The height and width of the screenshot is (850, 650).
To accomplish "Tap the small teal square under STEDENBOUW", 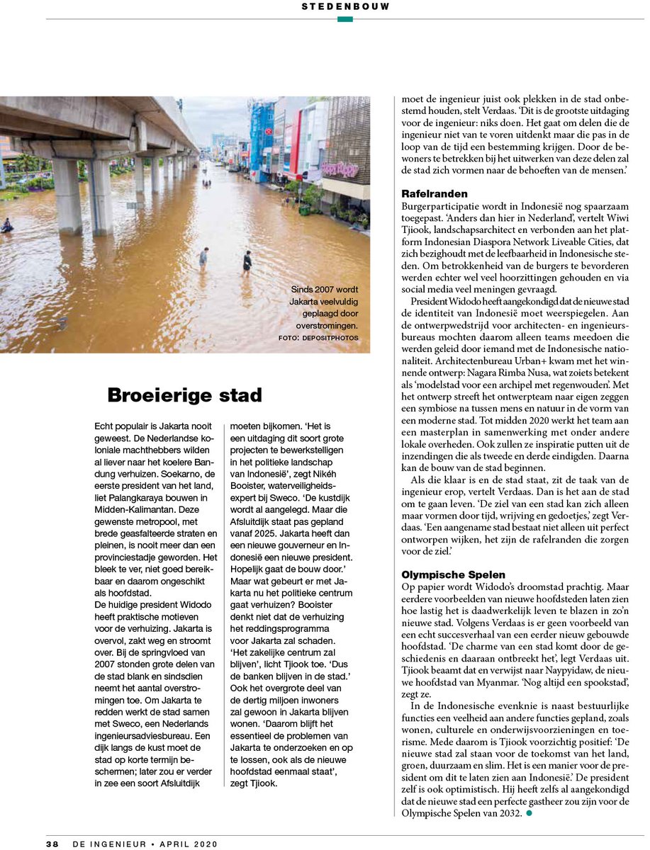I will (x=344, y=19).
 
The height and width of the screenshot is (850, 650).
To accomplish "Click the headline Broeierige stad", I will (x=184, y=395).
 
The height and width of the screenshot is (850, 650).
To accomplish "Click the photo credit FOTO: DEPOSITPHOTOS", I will (x=318, y=338).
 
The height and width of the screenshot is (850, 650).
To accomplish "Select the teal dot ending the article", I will (x=528, y=813).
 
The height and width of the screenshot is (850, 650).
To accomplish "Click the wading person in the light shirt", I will (x=203, y=257).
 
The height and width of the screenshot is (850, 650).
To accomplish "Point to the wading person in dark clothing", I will (x=247, y=261).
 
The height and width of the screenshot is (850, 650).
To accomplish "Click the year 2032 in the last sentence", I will (x=509, y=813).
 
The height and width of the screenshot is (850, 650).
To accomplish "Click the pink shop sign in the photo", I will (x=340, y=169).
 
